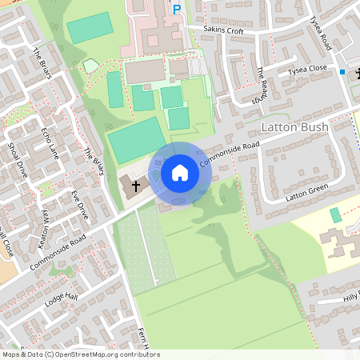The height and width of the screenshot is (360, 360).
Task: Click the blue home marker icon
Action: pos(180,172)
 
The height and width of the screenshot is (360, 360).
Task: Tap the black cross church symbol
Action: pos(136,186)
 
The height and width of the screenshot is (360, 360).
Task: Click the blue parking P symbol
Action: pos(177,10)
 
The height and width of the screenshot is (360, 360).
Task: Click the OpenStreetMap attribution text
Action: pos(80,354)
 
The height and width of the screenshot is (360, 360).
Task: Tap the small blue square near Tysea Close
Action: pos(342,73)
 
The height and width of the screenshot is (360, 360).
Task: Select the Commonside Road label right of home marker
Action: pos(230,154)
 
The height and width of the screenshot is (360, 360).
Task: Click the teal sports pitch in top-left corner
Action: pos(90,28)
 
